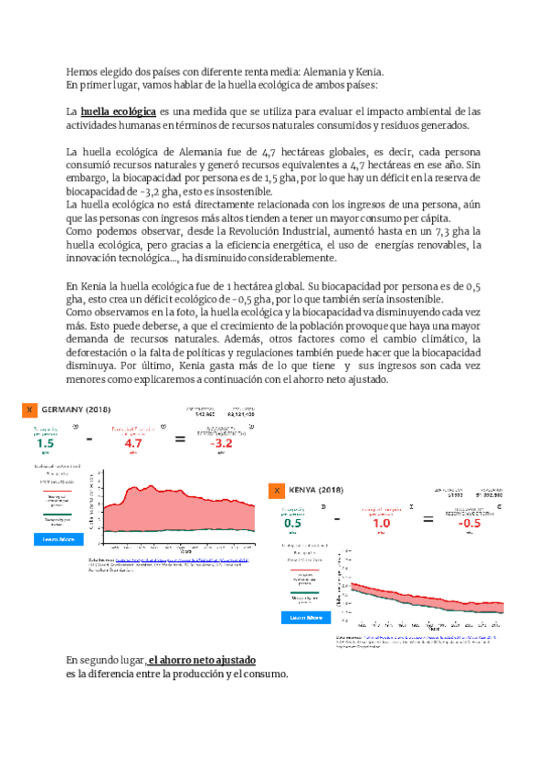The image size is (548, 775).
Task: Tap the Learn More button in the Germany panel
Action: coord(52,539)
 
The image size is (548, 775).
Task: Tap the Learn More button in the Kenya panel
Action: coord(306,618)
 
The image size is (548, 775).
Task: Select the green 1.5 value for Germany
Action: coord(45,443)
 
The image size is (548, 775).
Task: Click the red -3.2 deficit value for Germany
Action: coord(223,443)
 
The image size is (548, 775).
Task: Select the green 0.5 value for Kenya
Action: coord(292,525)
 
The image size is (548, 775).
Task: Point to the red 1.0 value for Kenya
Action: coord(380,525)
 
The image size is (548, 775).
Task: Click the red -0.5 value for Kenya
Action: coord(469,525)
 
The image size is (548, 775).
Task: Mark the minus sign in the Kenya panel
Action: coord(337,520)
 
